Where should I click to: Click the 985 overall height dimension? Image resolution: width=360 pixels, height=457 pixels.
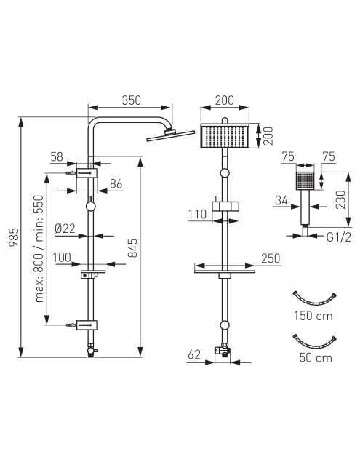[14, 237]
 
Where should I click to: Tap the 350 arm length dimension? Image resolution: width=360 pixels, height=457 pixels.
[132, 100]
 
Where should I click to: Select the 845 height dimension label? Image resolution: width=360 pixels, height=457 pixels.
[132, 248]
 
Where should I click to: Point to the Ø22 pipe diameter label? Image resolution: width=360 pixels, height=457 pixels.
[65, 228]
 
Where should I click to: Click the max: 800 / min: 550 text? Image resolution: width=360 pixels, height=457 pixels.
[39, 249]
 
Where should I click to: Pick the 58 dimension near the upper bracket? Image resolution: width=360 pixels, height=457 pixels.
[57, 156]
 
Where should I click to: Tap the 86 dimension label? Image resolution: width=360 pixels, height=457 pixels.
[116, 184]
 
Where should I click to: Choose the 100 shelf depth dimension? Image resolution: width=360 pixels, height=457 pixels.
[62, 258]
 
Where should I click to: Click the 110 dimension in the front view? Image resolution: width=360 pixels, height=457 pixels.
[198, 215]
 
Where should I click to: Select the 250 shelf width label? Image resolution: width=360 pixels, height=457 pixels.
[271, 258]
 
